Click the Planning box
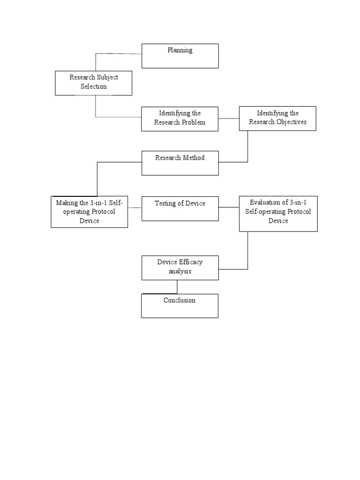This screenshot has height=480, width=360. click(x=180, y=56)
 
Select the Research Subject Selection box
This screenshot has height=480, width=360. click(x=93, y=82)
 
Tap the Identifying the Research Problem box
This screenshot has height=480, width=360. click(x=180, y=119)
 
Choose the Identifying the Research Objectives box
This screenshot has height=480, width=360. click(x=277, y=118)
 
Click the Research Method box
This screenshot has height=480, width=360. click(x=180, y=163)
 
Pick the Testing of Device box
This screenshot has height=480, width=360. click(x=180, y=208)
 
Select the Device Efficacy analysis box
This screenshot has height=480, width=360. click(x=180, y=267)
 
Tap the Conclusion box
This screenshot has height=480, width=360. click(x=180, y=306)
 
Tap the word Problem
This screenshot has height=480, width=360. click(x=193, y=122)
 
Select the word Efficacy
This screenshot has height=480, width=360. click(x=190, y=262)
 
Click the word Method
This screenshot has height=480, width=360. click(x=194, y=158)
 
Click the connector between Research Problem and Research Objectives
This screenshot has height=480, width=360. click(x=229, y=119)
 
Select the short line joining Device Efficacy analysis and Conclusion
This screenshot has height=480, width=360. click(x=177, y=287)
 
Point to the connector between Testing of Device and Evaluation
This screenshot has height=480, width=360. click(x=229, y=207)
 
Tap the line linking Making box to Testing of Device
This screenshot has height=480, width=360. click(x=135, y=207)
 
